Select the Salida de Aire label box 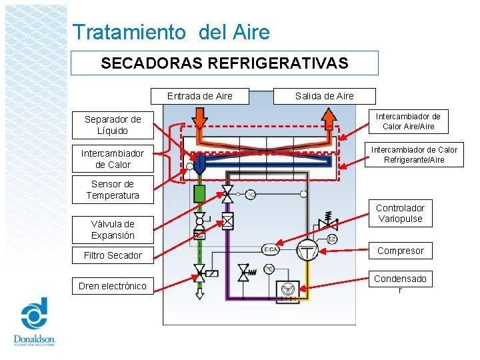(325, 96)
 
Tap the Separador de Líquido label (113, 125)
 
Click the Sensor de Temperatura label (113, 190)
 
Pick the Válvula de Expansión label (113, 229)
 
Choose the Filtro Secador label (113, 255)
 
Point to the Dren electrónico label (113, 286)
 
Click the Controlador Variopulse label (400, 213)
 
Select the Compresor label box (400, 251)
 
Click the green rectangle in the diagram (199, 194)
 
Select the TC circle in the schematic (251, 195)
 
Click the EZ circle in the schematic (332, 239)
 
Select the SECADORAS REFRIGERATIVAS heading (225, 63)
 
